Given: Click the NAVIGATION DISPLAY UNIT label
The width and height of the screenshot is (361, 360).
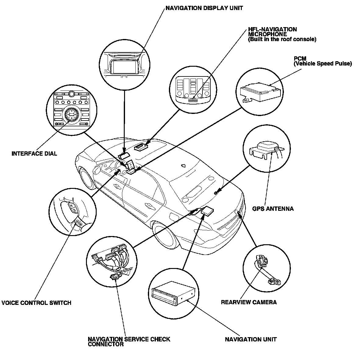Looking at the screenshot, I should (204, 8).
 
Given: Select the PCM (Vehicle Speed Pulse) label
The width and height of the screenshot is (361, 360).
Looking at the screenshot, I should (322, 61).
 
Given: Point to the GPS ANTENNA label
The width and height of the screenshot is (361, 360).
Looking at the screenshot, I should (273, 209).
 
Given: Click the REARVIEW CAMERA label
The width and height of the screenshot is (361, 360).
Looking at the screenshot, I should (249, 302).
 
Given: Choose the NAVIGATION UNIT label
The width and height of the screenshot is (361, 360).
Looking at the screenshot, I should (251, 339).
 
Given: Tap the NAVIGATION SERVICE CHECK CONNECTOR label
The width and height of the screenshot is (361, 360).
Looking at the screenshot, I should (129, 341).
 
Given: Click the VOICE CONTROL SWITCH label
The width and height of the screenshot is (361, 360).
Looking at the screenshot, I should (36, 303).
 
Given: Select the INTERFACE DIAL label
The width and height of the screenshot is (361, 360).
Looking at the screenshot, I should (34, 154).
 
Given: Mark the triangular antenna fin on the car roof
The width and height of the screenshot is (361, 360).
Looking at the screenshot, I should (183, 166).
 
